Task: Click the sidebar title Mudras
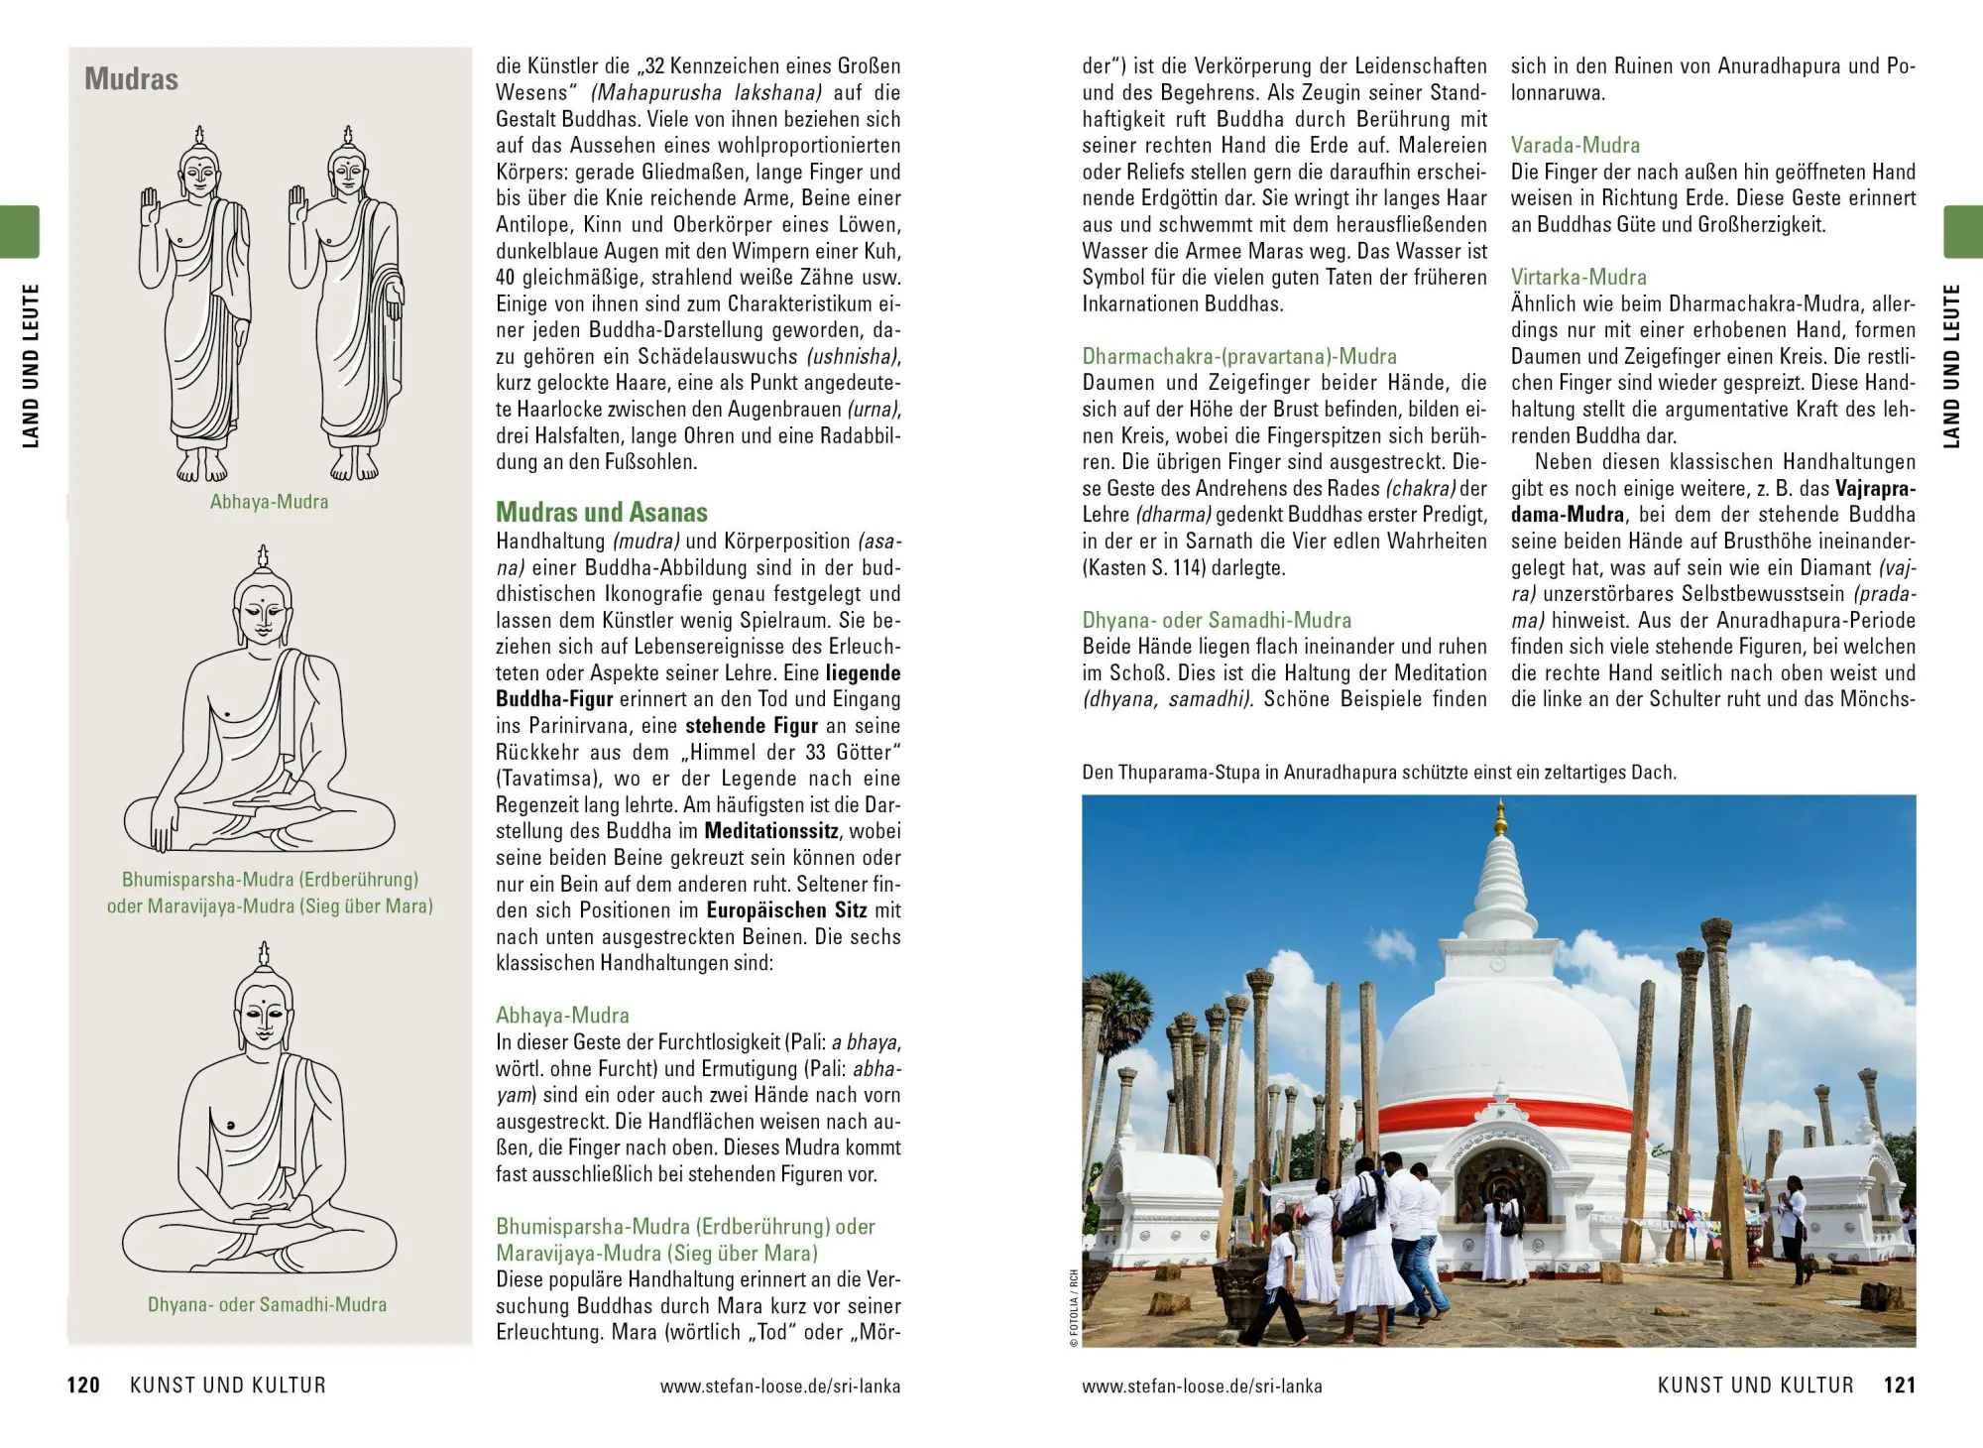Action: [x=131, y=79]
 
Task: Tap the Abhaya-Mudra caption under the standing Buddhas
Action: [x=269, y=502]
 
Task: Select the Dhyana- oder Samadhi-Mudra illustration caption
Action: [x=267, y=1305]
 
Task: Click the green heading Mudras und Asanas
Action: [x=602, y=513]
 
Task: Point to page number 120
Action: [x=83, y=1386]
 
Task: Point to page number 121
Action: [x=1900, y=1386]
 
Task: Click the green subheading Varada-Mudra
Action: [x=1575, y=146]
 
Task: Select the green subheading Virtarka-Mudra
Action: [x=1578, y=278]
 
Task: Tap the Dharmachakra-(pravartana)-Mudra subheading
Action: [x=1239, y=357]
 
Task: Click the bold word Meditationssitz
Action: [x=772, y=831]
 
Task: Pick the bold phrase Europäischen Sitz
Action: [x=786, y=910]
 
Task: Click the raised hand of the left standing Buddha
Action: [x=151, y=207]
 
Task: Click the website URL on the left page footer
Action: [x=780, y=1387]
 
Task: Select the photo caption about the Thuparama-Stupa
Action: [x=1379, y=773]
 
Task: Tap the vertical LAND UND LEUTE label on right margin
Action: [x=1951, y=366]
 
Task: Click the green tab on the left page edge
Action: [x=20, y=232]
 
